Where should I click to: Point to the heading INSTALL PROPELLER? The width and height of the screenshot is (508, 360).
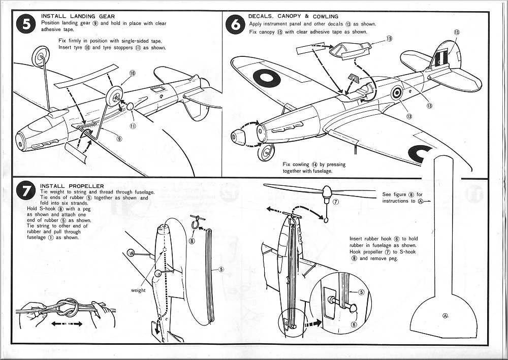click(x=72, y=186)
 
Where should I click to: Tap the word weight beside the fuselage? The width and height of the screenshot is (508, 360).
click(x=138, y=290)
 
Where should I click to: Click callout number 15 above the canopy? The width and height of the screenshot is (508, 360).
click(x=389, y=39)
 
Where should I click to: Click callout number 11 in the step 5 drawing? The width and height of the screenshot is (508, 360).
click(x=132, y=126)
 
